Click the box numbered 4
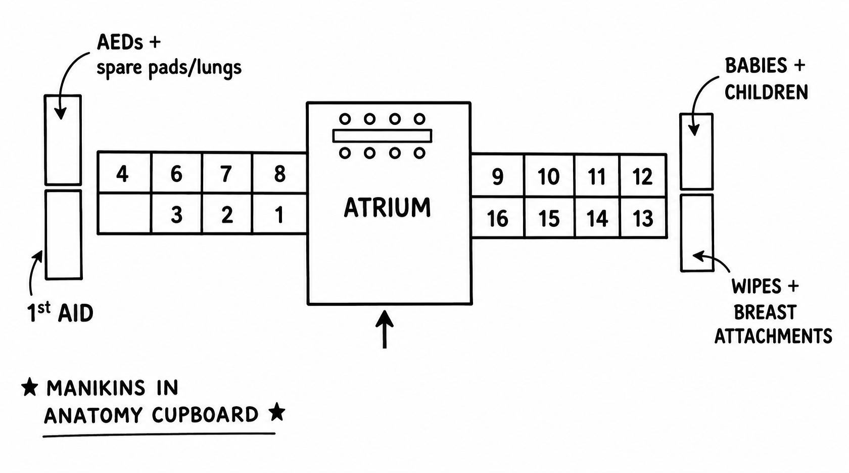(x=124, y=172)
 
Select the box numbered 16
(x=498, y=217)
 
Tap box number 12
(x=643, y=175)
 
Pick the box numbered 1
(x=279, y=214)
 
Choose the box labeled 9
(x=498, y=175)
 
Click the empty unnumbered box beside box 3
(x=124, y=214)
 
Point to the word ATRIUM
(x=387, y=207)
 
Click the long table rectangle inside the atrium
(x=382, y=135)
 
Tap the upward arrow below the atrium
(x=384, y=329)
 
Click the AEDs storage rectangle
(x=63, y=140)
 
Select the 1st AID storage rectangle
(x=64, y=234)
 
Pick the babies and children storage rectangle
(x=696, y=152)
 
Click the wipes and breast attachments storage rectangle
(x=697, y=232)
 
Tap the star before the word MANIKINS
(x=29, y=387)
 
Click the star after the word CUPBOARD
(x=277, y=412)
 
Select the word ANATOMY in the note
(x=93, y=415)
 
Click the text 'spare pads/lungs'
(x=169, y=68)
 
